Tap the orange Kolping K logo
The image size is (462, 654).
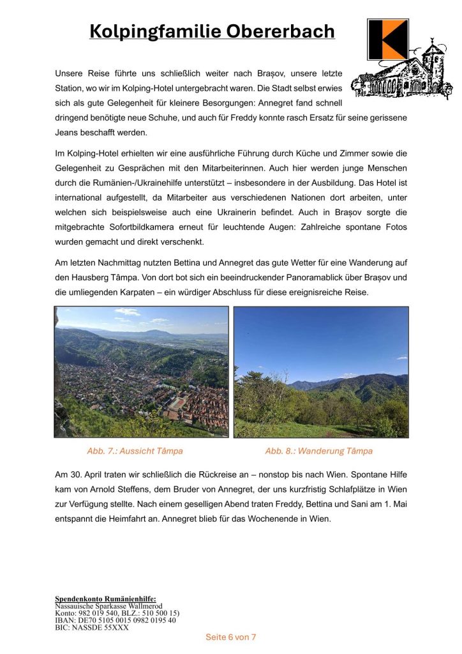point(387,40)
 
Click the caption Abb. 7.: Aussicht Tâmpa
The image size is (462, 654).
point(135,451)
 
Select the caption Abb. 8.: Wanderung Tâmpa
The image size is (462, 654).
point(318,451)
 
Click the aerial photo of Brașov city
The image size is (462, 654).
point(141,372)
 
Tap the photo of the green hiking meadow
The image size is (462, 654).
point(321,372)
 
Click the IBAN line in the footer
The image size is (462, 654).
point(115,620)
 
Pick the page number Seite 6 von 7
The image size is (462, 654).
point(230,637)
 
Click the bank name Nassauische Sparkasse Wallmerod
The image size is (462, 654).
point(108,606)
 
